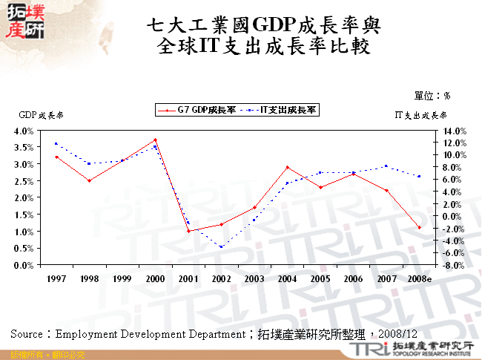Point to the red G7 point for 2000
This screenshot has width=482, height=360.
155,140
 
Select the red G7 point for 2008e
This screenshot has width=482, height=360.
420,228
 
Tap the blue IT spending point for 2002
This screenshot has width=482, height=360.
221,247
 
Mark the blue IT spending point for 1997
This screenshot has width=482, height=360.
56,143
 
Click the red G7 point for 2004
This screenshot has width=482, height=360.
287,167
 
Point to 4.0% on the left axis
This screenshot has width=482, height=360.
24,130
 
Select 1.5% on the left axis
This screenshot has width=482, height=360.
24,215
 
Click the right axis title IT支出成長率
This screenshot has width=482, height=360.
420,116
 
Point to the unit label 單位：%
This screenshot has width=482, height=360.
432,96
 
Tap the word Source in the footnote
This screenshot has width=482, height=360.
27,334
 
